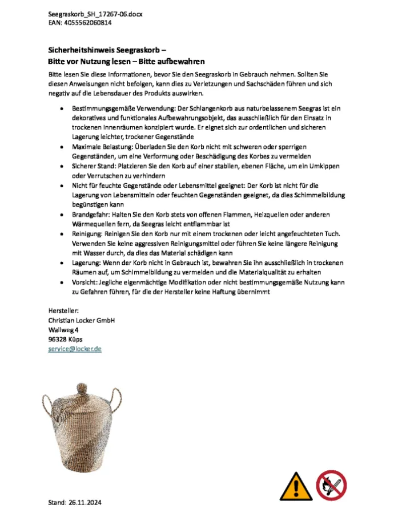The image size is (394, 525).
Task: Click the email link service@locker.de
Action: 75,348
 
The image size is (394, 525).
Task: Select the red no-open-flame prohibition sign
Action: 332,485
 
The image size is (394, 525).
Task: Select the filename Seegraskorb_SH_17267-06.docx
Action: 95,14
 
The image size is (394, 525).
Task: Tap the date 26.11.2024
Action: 87,503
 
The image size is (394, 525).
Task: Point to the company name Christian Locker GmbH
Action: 82,320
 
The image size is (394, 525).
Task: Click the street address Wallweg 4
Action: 63,330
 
